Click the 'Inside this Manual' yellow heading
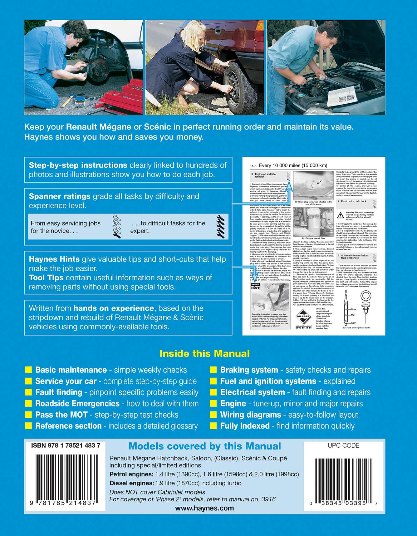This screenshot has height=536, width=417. [x=204, y=354]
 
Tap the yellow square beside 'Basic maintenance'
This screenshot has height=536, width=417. [x=28, y=370]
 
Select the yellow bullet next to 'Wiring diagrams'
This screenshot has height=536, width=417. [x=213, y=415]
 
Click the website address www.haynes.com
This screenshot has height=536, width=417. [x=204, y=508]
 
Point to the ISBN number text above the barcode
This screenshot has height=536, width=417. [x=66, y=446]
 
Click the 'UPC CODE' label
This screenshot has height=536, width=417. [x=343, y=446]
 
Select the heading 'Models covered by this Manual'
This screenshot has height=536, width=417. [x=204, y=446]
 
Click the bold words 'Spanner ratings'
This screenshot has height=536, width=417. [x=60, y=196]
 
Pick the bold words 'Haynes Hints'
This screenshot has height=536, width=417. [x=54, y=259]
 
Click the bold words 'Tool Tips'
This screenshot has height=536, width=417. [x=46, y=278]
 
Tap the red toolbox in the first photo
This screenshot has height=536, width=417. [x=123, y=97]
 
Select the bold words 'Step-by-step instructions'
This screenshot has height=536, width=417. [x=78, y=165]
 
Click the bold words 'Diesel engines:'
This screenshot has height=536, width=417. [x=131, y=483]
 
